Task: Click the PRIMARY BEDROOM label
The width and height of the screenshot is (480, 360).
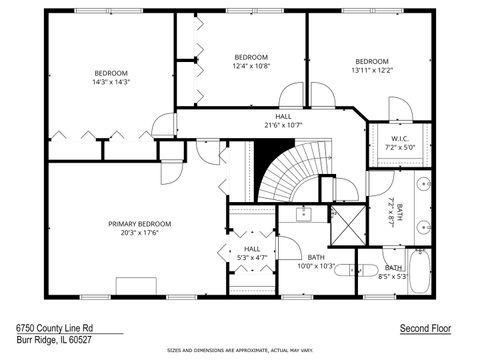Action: [x=140, y=224]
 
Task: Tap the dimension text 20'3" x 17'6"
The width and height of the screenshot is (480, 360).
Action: [x=140, y=233]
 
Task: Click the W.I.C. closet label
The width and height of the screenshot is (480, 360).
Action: [x=400, y=139]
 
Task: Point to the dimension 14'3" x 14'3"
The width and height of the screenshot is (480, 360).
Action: [x=112, y=81]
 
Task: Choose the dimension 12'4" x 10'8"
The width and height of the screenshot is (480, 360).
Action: [x=251, y=65]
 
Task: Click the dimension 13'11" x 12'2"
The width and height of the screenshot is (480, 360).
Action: [x=372, y=70]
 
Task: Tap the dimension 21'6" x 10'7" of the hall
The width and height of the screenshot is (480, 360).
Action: [x=283, y=126]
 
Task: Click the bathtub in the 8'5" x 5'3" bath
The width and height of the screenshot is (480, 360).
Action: [x=421, y=270]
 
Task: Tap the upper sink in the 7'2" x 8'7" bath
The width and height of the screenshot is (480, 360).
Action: [x=422, y=185]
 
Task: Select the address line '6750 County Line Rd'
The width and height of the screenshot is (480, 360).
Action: [x=55, y=327]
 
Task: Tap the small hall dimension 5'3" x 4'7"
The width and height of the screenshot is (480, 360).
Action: [x=252, y=258]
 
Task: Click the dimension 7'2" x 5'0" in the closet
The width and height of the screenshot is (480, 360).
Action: [x=400, y=147]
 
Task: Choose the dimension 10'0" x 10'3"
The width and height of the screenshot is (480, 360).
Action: [x=316, y=266]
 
